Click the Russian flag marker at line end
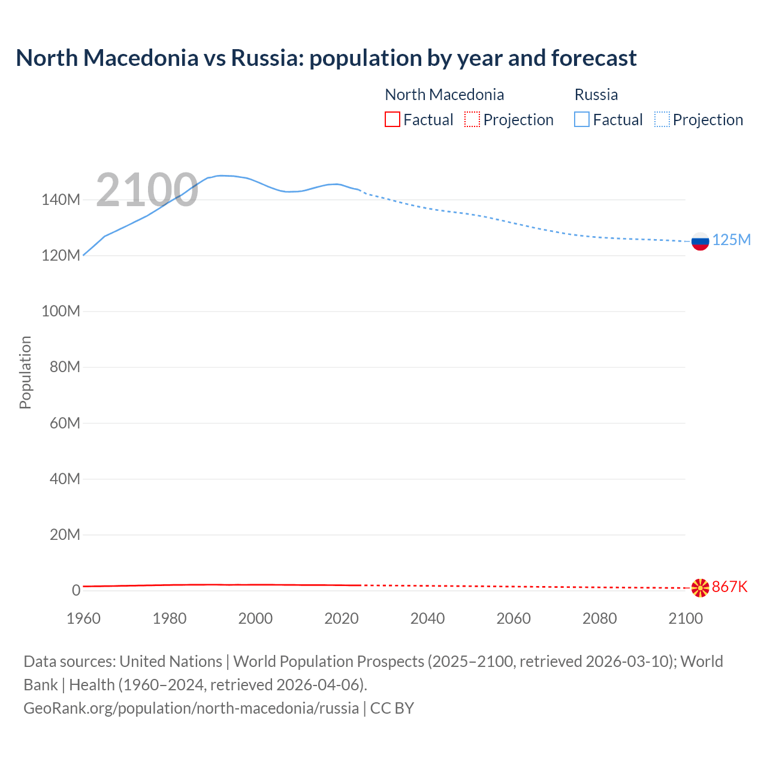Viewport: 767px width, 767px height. [x=700, y=241]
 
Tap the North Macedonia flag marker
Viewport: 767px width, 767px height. [x=700, y=588]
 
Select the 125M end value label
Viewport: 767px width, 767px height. [x=731, y=240]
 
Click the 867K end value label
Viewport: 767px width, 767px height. [x=730, y=587]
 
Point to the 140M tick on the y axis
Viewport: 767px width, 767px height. [x=61, y=200]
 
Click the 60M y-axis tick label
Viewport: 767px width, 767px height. [x=64, y=424]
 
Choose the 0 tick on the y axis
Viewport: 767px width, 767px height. [x=76, y=591]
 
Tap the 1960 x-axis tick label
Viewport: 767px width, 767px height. [x=83, y=619]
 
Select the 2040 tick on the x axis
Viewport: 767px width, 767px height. [x=427, y=619]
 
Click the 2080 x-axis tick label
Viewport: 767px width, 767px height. [x=599, y=619]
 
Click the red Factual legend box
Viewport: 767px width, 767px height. [x=392, y=120]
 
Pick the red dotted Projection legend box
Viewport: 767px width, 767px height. [x=472, y=120]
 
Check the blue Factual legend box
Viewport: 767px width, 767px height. [x=582, y=120]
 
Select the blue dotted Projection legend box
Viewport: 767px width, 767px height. [x=662, y=120]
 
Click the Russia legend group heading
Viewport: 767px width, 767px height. [x=596, y=95]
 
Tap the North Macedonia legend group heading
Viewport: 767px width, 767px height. [x=444, y=95]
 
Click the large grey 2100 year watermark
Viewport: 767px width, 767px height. [x=147, y=190]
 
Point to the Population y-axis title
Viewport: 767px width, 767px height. [x=25, y=372]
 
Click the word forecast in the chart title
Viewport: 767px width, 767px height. [x=594, y=58]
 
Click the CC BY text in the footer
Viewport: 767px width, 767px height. [x=392, y=708]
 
